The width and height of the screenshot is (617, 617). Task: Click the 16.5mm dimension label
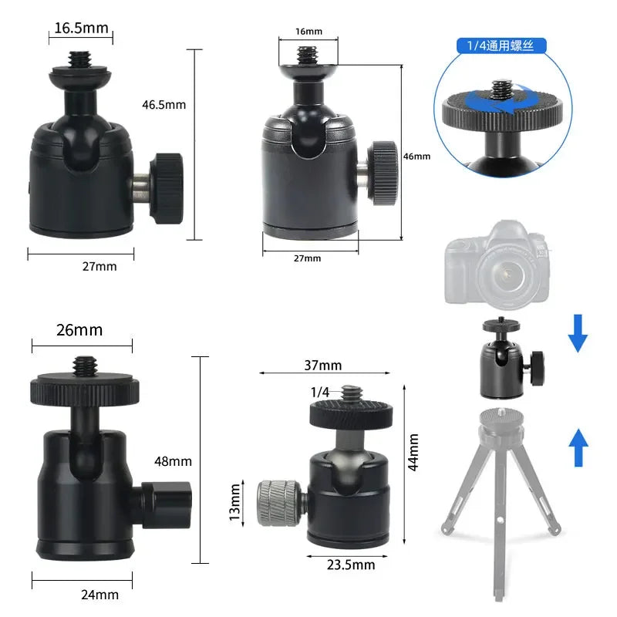point(80,29)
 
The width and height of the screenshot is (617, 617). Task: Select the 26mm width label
point(79,330)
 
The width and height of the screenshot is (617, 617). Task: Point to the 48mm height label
point(173,461)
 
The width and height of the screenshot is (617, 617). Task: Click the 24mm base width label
point(100,595)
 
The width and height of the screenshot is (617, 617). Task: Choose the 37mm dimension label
point(322,365)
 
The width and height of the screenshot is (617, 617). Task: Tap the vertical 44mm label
point(413,452)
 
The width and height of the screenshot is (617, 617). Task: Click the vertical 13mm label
point(236,502)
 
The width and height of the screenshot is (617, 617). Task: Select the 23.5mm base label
point(351,565)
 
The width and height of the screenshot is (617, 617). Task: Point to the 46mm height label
point(416,156)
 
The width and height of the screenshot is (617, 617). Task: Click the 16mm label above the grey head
point(308,32)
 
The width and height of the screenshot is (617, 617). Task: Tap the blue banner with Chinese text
point(500,46)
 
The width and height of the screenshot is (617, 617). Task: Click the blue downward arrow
point(578,332)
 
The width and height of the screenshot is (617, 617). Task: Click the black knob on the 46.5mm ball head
point(166,188)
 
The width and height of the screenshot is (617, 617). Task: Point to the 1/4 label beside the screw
point(320,393)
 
